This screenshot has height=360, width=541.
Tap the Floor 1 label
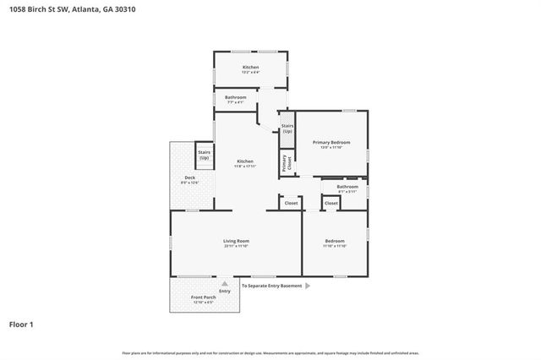pyautogui.click(x=22, y=324)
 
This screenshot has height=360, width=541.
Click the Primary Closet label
pyautogui.click(x=284, y=162)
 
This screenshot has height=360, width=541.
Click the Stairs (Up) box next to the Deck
pyautogui.click(x=204, y=155)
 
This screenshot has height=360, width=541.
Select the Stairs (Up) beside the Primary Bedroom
pyautogui.click(x=287, y=128)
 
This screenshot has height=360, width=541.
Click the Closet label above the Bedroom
pyautogui.click(x=331, y=203)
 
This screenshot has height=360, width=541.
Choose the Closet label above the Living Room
pyautogui.click(x=291, y=203)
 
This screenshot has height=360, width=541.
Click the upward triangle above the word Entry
pyautogui.click(x=224, y=284)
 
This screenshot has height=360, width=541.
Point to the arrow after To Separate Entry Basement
pyautogui.click(x=308, y=286)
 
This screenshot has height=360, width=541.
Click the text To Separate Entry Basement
pyautogui.click(x=271, y=286)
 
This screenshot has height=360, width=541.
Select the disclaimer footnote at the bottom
pyautogui.click(x=270, y=352)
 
